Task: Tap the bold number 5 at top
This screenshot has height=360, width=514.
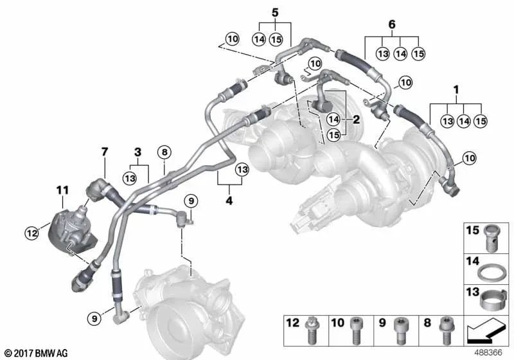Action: coord(275,12)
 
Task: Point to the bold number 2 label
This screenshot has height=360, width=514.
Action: coord(355,120)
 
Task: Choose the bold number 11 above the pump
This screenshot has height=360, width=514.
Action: coord(62,190)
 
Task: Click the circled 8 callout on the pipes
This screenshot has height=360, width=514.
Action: coord(164,152)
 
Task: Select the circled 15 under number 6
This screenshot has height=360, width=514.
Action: coord(418,53)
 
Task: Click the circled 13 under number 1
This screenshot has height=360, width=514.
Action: coord(447,120)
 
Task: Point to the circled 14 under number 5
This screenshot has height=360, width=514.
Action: coord(259,39)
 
